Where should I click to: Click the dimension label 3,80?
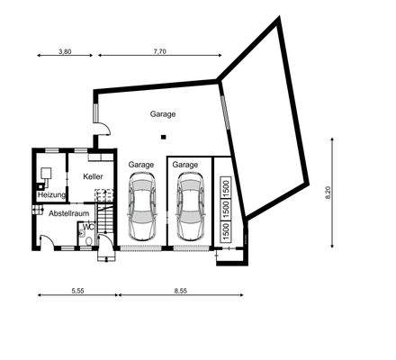point(65,52)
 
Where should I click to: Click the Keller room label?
point(94,177)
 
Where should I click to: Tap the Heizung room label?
point(50,195)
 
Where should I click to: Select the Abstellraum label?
point(66,215)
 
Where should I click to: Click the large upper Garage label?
point(164,114)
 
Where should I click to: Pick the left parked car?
point(142,202)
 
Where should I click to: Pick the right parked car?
point(189,202)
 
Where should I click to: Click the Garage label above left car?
point(141,165)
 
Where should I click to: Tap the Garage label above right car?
point(185,165)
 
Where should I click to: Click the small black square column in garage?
point(163,137)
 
